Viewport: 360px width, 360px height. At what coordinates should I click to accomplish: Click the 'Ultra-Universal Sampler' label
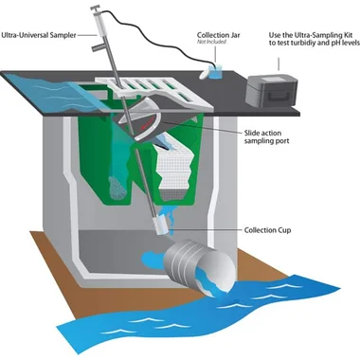(x=39, y=35)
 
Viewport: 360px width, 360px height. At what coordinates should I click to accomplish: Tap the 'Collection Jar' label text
(x=219, y=35)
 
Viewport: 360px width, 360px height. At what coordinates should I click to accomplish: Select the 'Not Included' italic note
(x=211, y=42)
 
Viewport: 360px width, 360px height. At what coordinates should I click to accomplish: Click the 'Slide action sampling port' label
(x=266, y=137)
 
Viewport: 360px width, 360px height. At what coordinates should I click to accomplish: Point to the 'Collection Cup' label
(x=267, y=230)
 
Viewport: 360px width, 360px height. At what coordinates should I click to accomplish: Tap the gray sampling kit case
(x=271, y=91)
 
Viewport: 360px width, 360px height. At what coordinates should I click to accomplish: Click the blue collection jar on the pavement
(x=216, y=73)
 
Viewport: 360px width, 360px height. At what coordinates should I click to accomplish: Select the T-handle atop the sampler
(x=95, y=7)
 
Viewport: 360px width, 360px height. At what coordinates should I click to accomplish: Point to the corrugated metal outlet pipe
(x=200, y=266)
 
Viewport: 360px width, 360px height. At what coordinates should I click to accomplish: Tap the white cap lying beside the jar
(x=205, y=74)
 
